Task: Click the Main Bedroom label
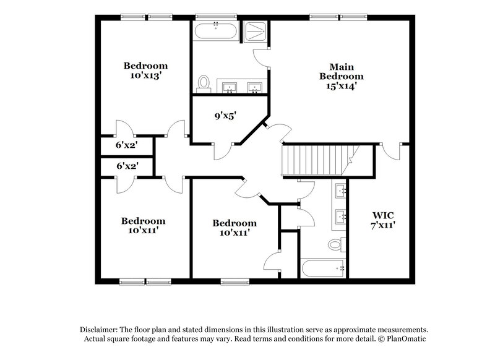pos(341,71)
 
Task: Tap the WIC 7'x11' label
pos(384,220)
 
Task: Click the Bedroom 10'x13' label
pos(146,70)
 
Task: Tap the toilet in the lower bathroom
pos(335,244)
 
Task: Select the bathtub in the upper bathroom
pos(215,32)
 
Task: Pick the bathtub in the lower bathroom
pos(322,267)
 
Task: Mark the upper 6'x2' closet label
pos(126,145)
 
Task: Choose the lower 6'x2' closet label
pos(126,166)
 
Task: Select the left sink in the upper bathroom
pos(230,88)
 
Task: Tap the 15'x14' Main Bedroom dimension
pos(341,87)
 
